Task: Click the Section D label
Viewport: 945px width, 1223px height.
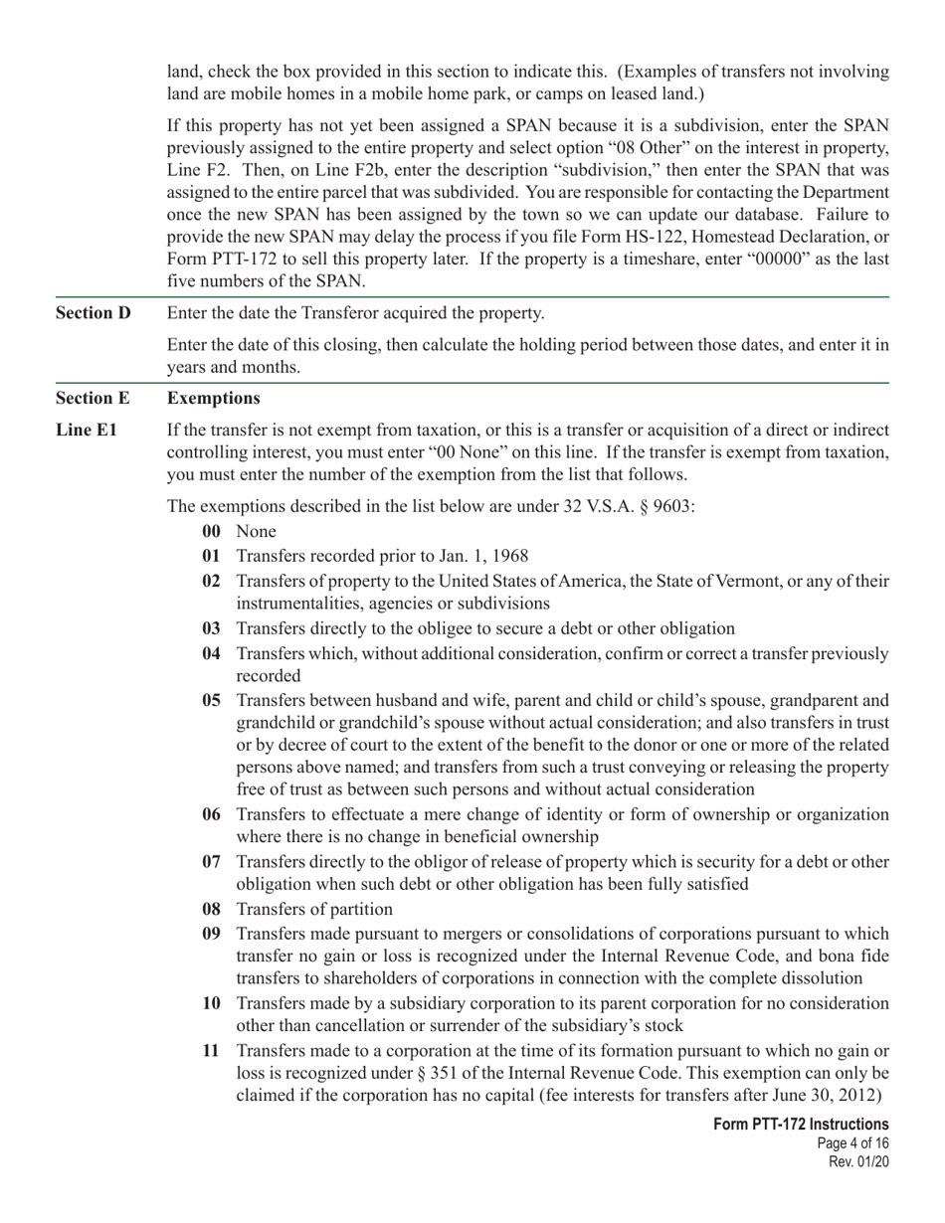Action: [94, 313]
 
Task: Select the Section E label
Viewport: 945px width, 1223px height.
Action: [93, 399]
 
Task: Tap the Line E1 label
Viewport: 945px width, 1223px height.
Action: [87, 431]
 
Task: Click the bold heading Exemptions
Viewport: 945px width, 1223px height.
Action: [214, 399]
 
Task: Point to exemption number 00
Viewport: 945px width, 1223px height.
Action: [211, 532]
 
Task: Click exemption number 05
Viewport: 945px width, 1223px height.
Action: [211, 700]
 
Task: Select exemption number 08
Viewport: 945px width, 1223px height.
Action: [211, 910]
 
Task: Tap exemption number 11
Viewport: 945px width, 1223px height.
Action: [211, 1051]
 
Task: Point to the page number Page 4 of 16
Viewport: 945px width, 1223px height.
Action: [850, 1143]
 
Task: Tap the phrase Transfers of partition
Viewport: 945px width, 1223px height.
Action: [314, 910]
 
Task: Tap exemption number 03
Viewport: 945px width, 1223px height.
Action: [211, 628]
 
